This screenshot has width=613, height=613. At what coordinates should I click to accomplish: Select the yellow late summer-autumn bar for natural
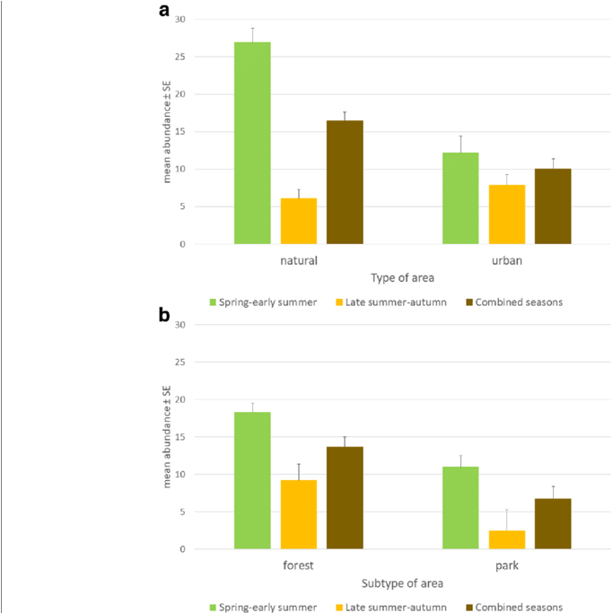pyautogui.click(x=299, y=221)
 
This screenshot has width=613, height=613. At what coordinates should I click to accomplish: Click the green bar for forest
pyautogui.click(x=252, y=480)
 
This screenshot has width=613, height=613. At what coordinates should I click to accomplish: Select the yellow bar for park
pyautogui.click(x=507, y=539)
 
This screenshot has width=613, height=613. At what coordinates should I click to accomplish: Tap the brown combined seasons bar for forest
pyautogui.click(x=345, y=497)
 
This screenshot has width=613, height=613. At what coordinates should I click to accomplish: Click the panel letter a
pyautogui.click(x=164, y=11)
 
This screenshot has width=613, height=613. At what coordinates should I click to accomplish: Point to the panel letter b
pyautogui.click(x=164, y=315)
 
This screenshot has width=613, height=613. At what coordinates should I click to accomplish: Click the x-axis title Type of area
pyautogui.click(x=403, y=278)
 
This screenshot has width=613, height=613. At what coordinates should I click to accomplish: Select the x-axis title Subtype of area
pyautogui.click(x=403, y=583)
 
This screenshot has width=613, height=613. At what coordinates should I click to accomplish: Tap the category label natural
pyautogui.click(x=299, y=261)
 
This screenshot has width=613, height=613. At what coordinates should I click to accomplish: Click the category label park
pyautogui.click(x=507, y=566)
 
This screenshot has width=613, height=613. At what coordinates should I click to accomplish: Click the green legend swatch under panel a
pyautogui.click(x=214, y=302)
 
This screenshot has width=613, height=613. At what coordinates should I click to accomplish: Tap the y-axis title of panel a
pyautogui.click(x=166, y=132)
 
